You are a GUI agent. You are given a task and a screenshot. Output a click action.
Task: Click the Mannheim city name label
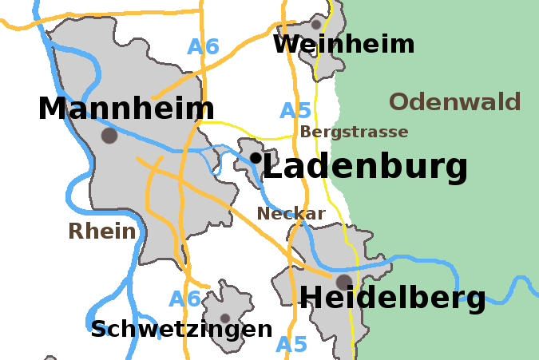coord(126,109)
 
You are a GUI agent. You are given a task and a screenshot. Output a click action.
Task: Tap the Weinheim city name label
coord(343,44)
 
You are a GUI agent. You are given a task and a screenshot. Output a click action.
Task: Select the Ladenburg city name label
coord(365,168)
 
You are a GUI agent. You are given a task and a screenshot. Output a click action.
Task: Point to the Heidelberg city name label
coord(392,298)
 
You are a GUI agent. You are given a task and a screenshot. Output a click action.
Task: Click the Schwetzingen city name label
coord(181,329)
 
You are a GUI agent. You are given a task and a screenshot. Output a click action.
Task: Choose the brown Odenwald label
coord(455,102)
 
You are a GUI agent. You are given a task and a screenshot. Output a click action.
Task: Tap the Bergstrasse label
coord(354,132)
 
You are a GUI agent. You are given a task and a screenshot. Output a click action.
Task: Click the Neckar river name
coord(291,213)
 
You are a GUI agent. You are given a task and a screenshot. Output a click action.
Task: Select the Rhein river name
coord(101,231)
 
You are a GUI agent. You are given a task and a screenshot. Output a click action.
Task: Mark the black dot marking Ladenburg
coord(255,158)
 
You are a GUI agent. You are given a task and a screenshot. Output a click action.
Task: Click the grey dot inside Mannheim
coord(109,136)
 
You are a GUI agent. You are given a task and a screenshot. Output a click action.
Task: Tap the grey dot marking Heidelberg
coord(343,282)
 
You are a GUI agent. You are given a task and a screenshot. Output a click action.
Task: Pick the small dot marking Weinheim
coord(316,25)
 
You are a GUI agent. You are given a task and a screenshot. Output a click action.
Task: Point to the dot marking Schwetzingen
coord(225,318)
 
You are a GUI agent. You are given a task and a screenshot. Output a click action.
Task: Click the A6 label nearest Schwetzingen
coord(184,299)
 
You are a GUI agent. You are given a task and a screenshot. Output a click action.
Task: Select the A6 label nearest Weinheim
coord(203,46)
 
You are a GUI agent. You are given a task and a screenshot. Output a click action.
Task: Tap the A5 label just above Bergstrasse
coord(295,111)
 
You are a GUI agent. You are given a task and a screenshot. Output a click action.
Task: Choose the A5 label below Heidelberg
coord(291,345)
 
